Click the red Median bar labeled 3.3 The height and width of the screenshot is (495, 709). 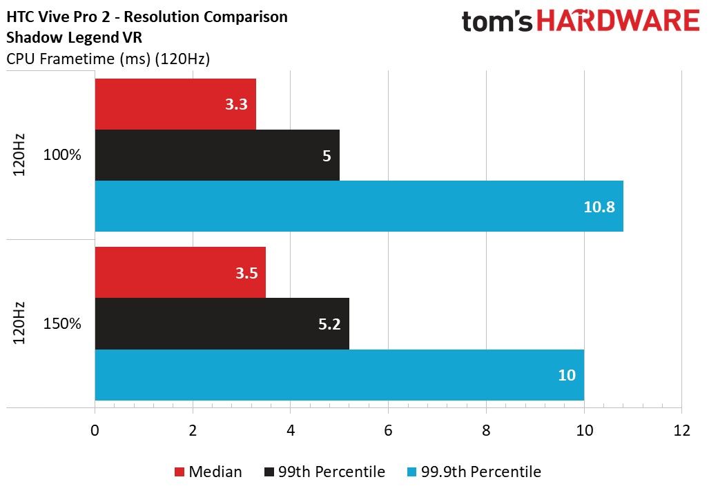175,104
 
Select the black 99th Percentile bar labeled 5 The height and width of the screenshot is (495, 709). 217,155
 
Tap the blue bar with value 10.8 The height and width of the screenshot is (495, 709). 359,206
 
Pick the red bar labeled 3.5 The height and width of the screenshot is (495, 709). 180,272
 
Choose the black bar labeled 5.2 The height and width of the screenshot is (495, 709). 222,323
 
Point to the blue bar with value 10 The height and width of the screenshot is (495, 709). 340,374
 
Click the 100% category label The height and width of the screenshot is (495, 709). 62,155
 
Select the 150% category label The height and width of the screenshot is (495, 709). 62,323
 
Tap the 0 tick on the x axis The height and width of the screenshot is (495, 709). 95,430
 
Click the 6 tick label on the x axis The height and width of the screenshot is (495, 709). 388,430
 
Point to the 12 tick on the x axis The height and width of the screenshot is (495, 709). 681,430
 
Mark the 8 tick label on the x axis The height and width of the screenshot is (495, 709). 486,430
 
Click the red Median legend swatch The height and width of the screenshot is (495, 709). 179,472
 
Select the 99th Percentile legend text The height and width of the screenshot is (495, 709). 331,472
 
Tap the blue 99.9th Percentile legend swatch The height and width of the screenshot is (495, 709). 411,472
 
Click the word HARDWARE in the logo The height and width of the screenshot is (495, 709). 618,21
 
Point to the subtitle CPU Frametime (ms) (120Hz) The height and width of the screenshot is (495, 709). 108,59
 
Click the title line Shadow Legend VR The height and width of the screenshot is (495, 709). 74,37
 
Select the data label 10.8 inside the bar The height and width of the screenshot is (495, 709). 599,206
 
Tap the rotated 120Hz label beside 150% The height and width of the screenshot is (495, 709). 19,323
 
